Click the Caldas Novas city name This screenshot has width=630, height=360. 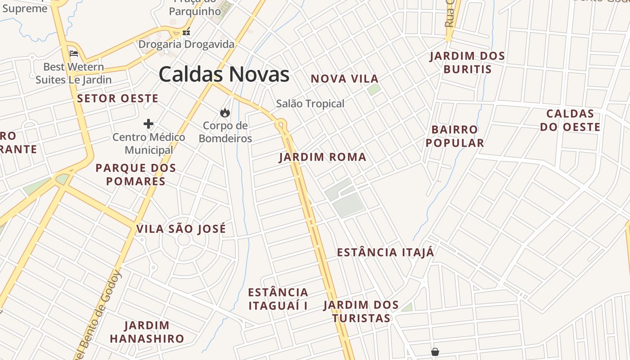tap(224, 74)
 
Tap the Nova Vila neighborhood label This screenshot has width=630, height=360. tap(345, 79)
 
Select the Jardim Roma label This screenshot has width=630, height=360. tap(323, 157)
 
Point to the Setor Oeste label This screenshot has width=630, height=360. tap(118, 99)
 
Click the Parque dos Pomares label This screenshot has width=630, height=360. tap(135, 175)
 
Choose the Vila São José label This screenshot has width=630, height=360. tap(181, 229)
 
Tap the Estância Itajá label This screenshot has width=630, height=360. tap(386, 252)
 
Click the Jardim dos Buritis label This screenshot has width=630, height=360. tap(467, 63)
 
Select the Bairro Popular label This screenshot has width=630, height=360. tap(454, 136)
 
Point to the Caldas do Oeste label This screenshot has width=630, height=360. tap(570, 120)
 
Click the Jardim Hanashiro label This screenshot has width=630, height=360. tap(147, 332)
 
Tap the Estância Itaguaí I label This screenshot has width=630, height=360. tap(278, 299)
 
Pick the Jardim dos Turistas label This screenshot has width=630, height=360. tap(361, 311)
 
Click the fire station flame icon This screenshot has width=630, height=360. tap(225, 112)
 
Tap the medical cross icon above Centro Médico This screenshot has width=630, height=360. tap(148, 124)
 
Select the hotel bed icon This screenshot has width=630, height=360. tap(74, 54)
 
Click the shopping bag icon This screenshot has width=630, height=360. tap(435, 351)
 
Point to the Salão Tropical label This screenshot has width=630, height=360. tap(310, 104)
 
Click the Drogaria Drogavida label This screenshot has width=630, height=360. tap(186, 45)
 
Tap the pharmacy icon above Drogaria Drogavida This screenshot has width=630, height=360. tap(186, 32)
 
